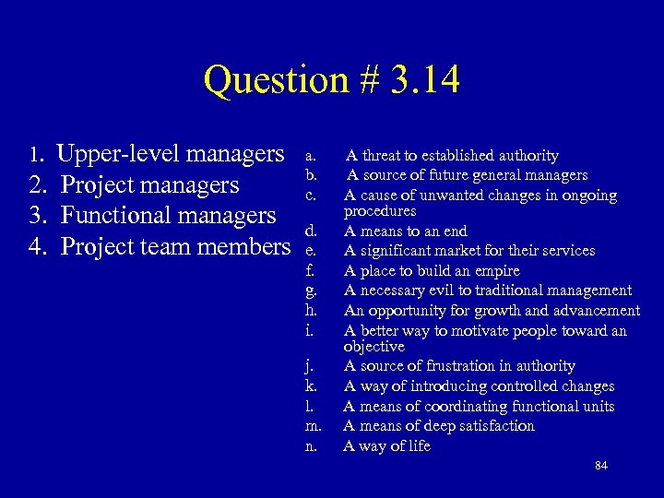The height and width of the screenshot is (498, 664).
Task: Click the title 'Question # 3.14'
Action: point(331,79)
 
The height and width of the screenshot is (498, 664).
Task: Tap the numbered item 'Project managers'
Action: point(150,184)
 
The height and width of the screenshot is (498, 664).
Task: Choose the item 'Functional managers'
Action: point(169,216)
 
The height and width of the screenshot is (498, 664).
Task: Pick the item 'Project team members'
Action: point(174,247)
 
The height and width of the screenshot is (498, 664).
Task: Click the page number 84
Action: point(601,466)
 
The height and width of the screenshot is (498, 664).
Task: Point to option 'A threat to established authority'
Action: point(452,156)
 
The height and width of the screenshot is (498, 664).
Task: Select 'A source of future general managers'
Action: point(467,175)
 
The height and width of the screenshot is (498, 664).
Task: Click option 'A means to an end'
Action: point(405,231)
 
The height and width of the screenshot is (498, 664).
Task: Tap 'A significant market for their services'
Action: point(469,251)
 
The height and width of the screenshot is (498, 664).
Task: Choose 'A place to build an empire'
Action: point(432,271)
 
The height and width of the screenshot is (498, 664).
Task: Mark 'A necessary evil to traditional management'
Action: point(488,290)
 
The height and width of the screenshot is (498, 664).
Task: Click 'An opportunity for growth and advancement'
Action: point(492,311)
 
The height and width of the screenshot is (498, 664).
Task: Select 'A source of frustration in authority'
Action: point(459,366)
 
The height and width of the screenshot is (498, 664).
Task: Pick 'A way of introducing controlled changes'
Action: point(479,386)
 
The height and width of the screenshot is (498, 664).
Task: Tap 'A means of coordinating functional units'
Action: point(479,406)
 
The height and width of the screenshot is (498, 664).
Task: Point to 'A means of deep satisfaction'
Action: point(438,426)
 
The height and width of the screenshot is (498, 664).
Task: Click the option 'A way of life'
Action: point(386,446)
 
